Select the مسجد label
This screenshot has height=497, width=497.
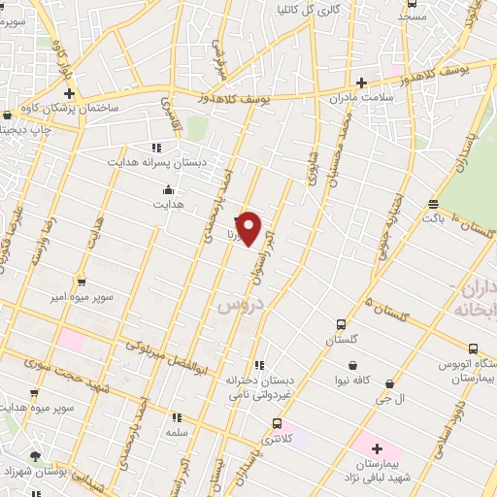coord(412,17)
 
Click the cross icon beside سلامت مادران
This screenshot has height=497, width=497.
coord(362,83)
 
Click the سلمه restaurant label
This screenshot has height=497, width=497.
coord(176,431)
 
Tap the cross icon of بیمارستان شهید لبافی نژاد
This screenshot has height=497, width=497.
coord(377,450)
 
